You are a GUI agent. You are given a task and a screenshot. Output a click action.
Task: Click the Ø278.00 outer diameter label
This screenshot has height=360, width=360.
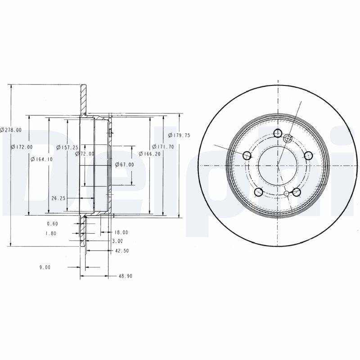click(11, 130)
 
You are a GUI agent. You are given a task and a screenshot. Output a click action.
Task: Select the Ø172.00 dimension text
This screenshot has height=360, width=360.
click(22, 147)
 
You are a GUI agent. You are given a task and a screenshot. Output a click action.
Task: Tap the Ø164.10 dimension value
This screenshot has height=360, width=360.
click(41, 159)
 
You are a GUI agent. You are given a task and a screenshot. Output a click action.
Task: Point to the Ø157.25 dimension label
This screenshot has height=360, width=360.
click(67, 147)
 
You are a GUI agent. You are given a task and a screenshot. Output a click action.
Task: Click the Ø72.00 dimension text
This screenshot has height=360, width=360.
click(85, 153)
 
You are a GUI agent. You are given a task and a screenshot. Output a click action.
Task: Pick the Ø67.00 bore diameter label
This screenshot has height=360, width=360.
click(124, 165)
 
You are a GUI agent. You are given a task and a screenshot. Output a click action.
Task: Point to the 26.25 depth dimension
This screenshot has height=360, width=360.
click(59, 198)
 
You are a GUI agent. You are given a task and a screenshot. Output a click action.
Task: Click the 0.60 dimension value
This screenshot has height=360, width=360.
click(52, 224)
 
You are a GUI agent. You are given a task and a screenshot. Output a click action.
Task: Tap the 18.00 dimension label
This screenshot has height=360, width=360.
click(121, 233)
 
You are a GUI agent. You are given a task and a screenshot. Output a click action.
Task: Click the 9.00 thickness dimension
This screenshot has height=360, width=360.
click(45, 267)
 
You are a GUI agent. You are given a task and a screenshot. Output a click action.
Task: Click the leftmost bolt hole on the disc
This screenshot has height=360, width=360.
click(247, 156)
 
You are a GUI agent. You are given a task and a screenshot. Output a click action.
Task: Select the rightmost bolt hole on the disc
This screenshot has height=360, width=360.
click(308, 155)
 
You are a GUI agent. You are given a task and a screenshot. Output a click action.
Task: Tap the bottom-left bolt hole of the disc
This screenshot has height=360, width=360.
click(258, 192)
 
